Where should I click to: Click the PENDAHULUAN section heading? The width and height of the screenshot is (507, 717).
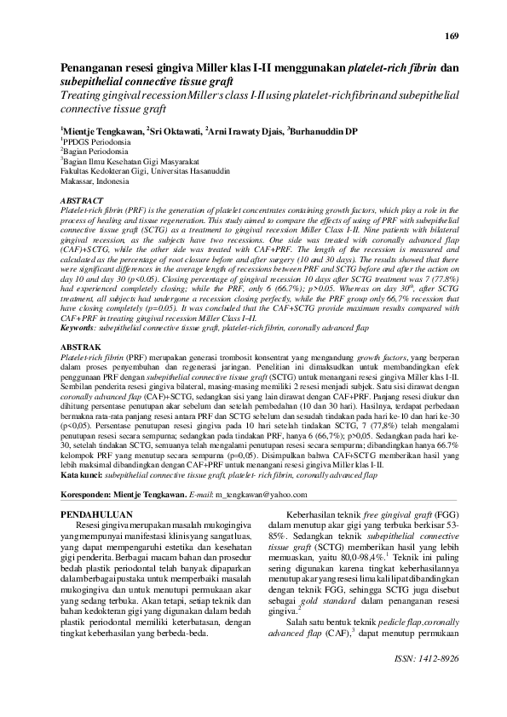(x=101, y=515)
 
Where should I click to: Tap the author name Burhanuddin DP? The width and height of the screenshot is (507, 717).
(x=325, y=131)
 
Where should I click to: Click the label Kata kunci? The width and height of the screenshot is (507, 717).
(x=79, y=476)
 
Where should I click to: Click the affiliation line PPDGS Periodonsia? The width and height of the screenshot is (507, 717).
(x=95, y=141)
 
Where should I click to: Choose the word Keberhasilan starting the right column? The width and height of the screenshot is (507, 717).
(x=320, y=515)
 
